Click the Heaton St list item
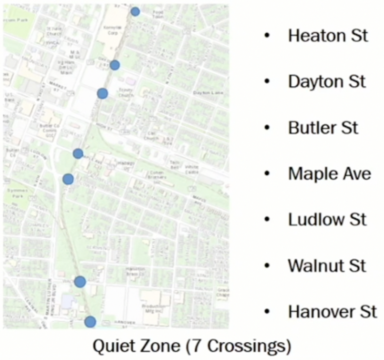pos(328,36)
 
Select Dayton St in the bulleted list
pos(327,82)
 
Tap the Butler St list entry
pos(323,128)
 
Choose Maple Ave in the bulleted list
pos(329,174)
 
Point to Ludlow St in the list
pos(327,220)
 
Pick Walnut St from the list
pos(327,266)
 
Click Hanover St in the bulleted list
pos(332,312)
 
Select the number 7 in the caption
pos(197,345)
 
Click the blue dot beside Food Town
pos(135,12)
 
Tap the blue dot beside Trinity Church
pos(102,93)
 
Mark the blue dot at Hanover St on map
pos(90,322)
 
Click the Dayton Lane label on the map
pos(208,93)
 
